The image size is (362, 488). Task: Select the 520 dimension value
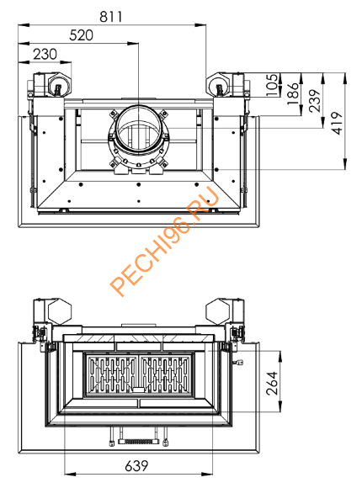coord(77,34)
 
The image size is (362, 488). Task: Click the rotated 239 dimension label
coord(313,101)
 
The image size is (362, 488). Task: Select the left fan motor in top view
coord(55,85)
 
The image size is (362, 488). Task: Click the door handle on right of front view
coord(236,363)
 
